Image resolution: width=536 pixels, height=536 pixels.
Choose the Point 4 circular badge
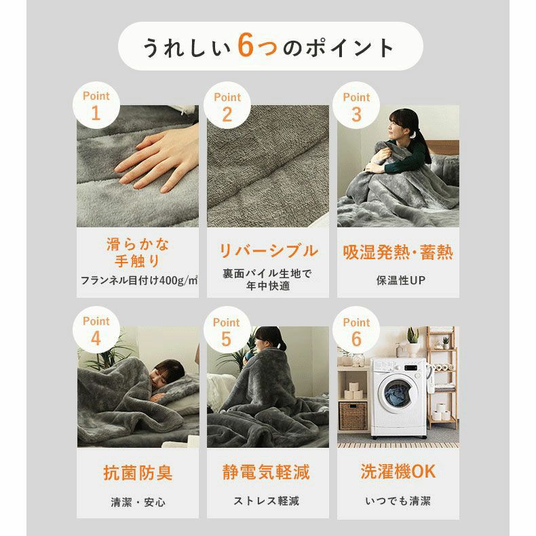coord(96,330)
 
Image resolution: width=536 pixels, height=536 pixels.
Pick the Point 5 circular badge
coord(227,330)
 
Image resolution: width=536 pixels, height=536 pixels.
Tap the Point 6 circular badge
coord(357,330)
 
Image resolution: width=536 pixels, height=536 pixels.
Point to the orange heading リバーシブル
coord(268,251)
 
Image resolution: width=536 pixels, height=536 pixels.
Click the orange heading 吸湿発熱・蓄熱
coord(398,253)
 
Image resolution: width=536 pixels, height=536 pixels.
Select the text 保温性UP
coord(398,280)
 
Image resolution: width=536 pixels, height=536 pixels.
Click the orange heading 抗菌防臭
coord(138,473)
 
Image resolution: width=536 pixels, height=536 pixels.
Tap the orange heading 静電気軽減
coord(268,473)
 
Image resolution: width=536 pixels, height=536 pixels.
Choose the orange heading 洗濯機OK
coord(398,472)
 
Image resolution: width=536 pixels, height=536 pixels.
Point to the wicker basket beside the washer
coord(352,415)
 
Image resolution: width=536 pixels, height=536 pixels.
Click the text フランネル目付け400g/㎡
coord(138,280)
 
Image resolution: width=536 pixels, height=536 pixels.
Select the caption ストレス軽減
coord(268,501)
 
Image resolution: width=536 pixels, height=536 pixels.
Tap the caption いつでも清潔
coord(398,501)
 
